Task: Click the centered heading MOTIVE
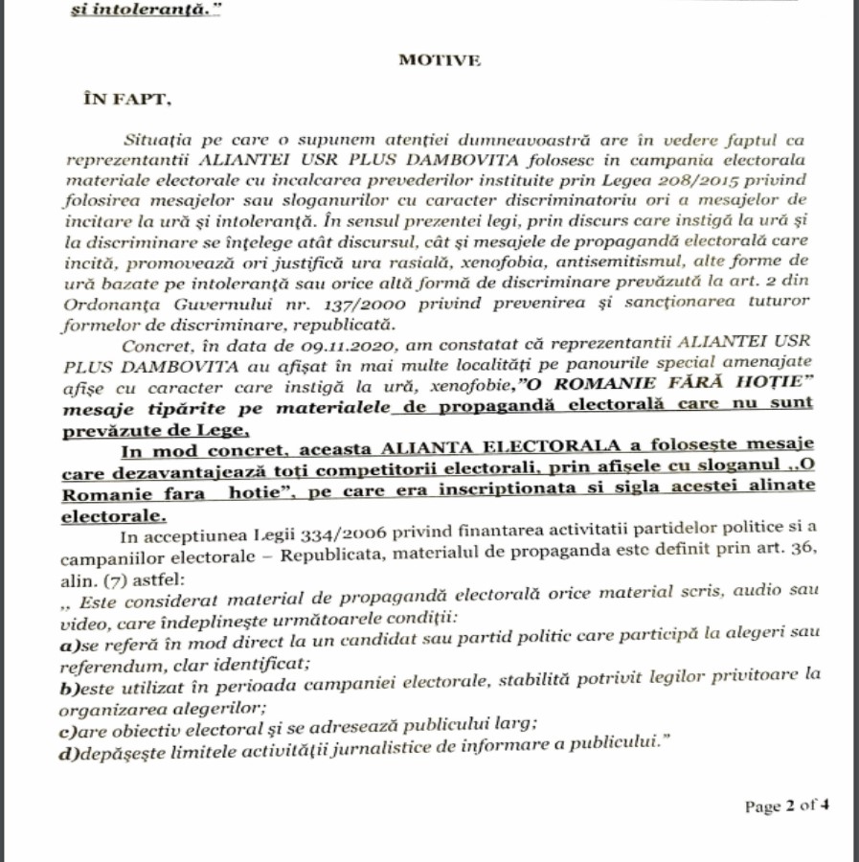tap(440, 59)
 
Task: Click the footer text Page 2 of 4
tap(786, 805)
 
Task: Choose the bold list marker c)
tap(68, 727)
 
